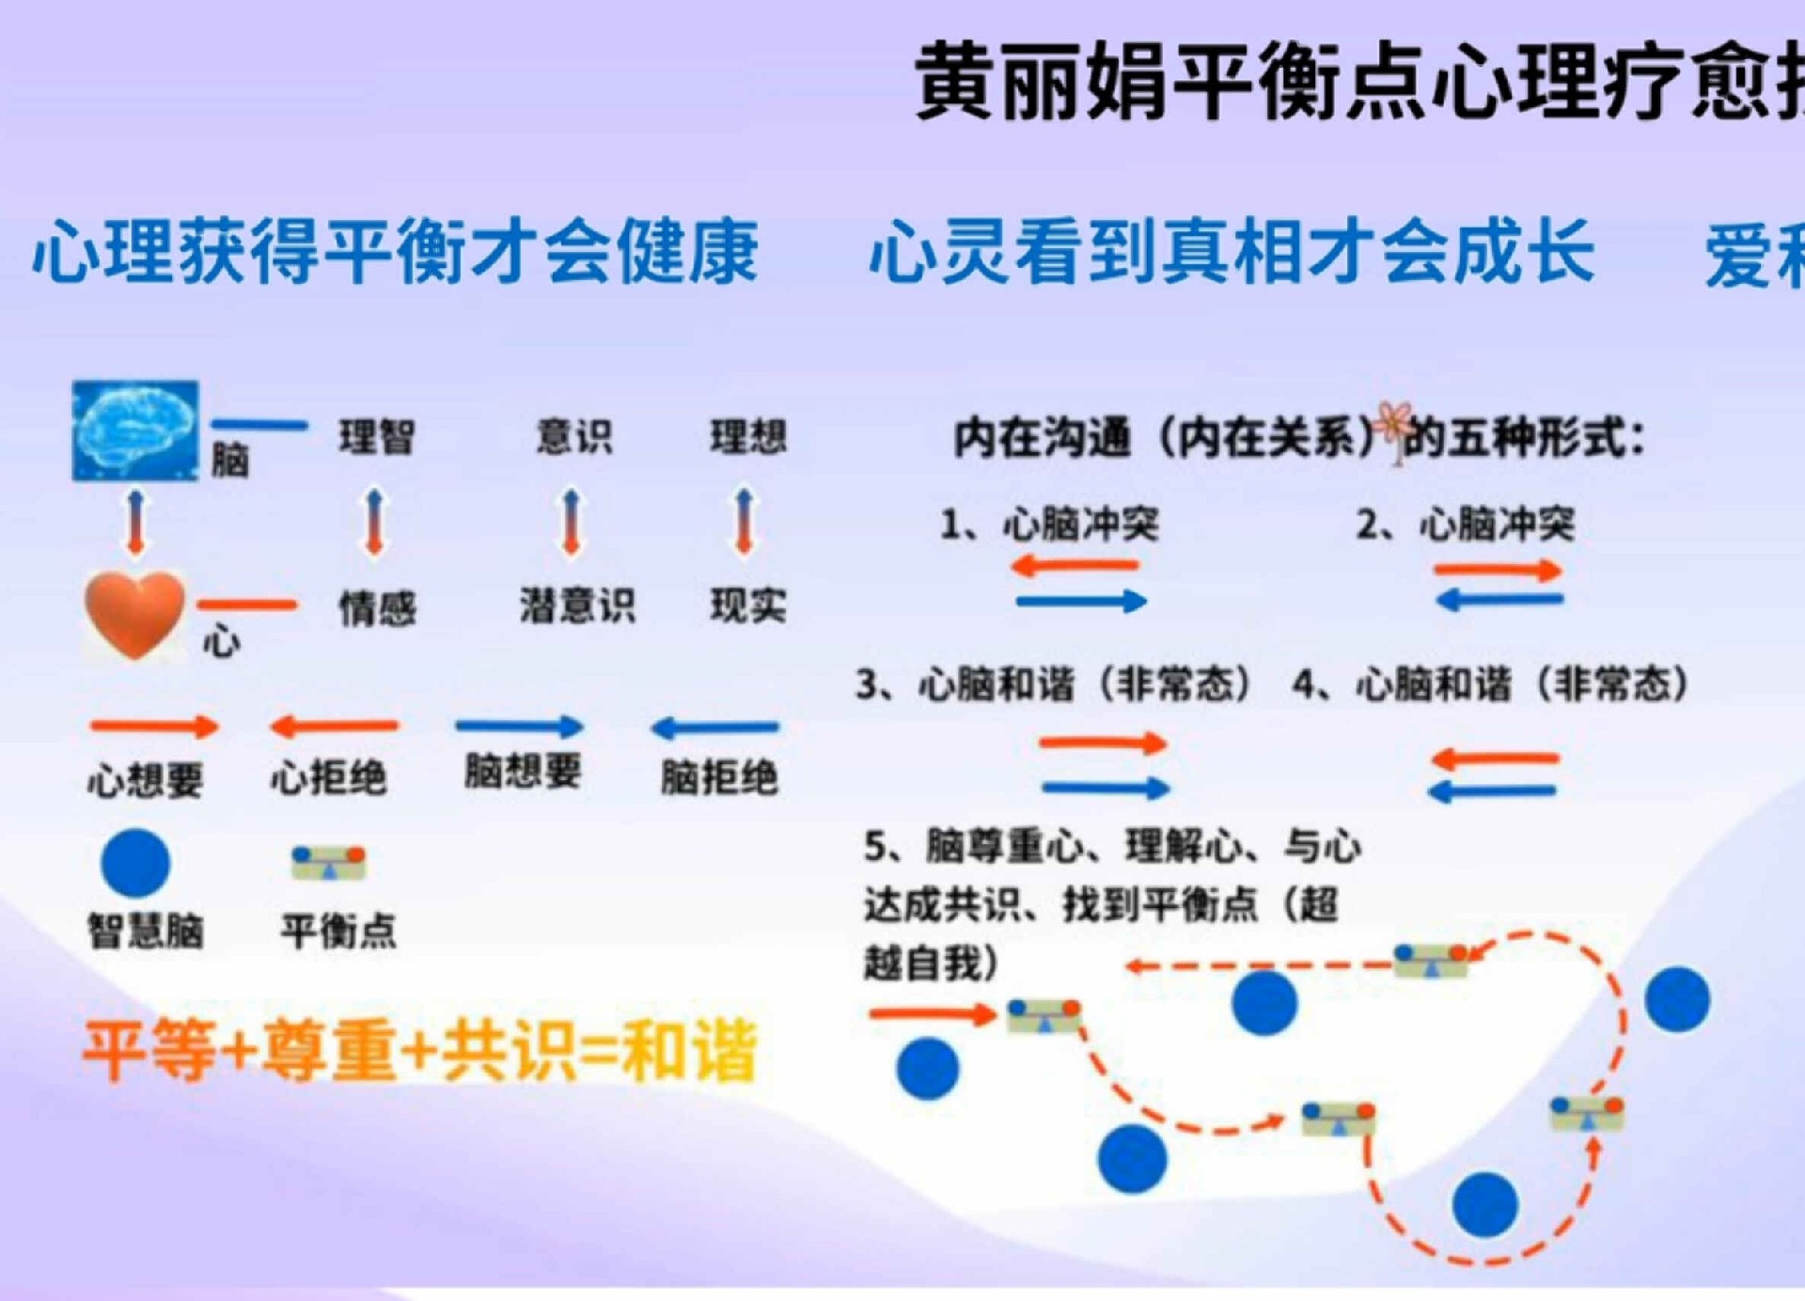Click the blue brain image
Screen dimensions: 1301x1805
click(x=135, y=431)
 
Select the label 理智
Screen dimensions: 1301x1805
click(x=377, y=437)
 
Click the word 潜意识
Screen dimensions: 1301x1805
click(x=577, y=605)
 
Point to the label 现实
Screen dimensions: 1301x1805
click(x=748, y=605)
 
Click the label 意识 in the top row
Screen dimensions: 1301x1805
click(x=573, y=436)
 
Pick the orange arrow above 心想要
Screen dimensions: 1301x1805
click(x=154, y=726)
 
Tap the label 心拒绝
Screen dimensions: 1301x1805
click(x=328, y=778)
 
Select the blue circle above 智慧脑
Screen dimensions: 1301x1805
click(x=135, y=863)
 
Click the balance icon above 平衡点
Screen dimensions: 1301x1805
click(x=328, y=862)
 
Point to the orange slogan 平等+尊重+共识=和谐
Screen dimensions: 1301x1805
click(x=419, y=1052)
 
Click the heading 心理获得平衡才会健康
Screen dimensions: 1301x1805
click(x=396, y=252)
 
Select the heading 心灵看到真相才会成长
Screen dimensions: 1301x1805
click(x=1232, y=252)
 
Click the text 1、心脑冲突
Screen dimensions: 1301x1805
click(x=1050, y=525)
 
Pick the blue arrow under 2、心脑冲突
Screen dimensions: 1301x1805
click(x=1499, y=600)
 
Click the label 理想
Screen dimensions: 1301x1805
click(x=748, y=437)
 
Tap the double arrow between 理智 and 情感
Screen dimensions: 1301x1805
click(x=375, y=521)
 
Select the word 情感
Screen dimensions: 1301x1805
click(x=377, y=608)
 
